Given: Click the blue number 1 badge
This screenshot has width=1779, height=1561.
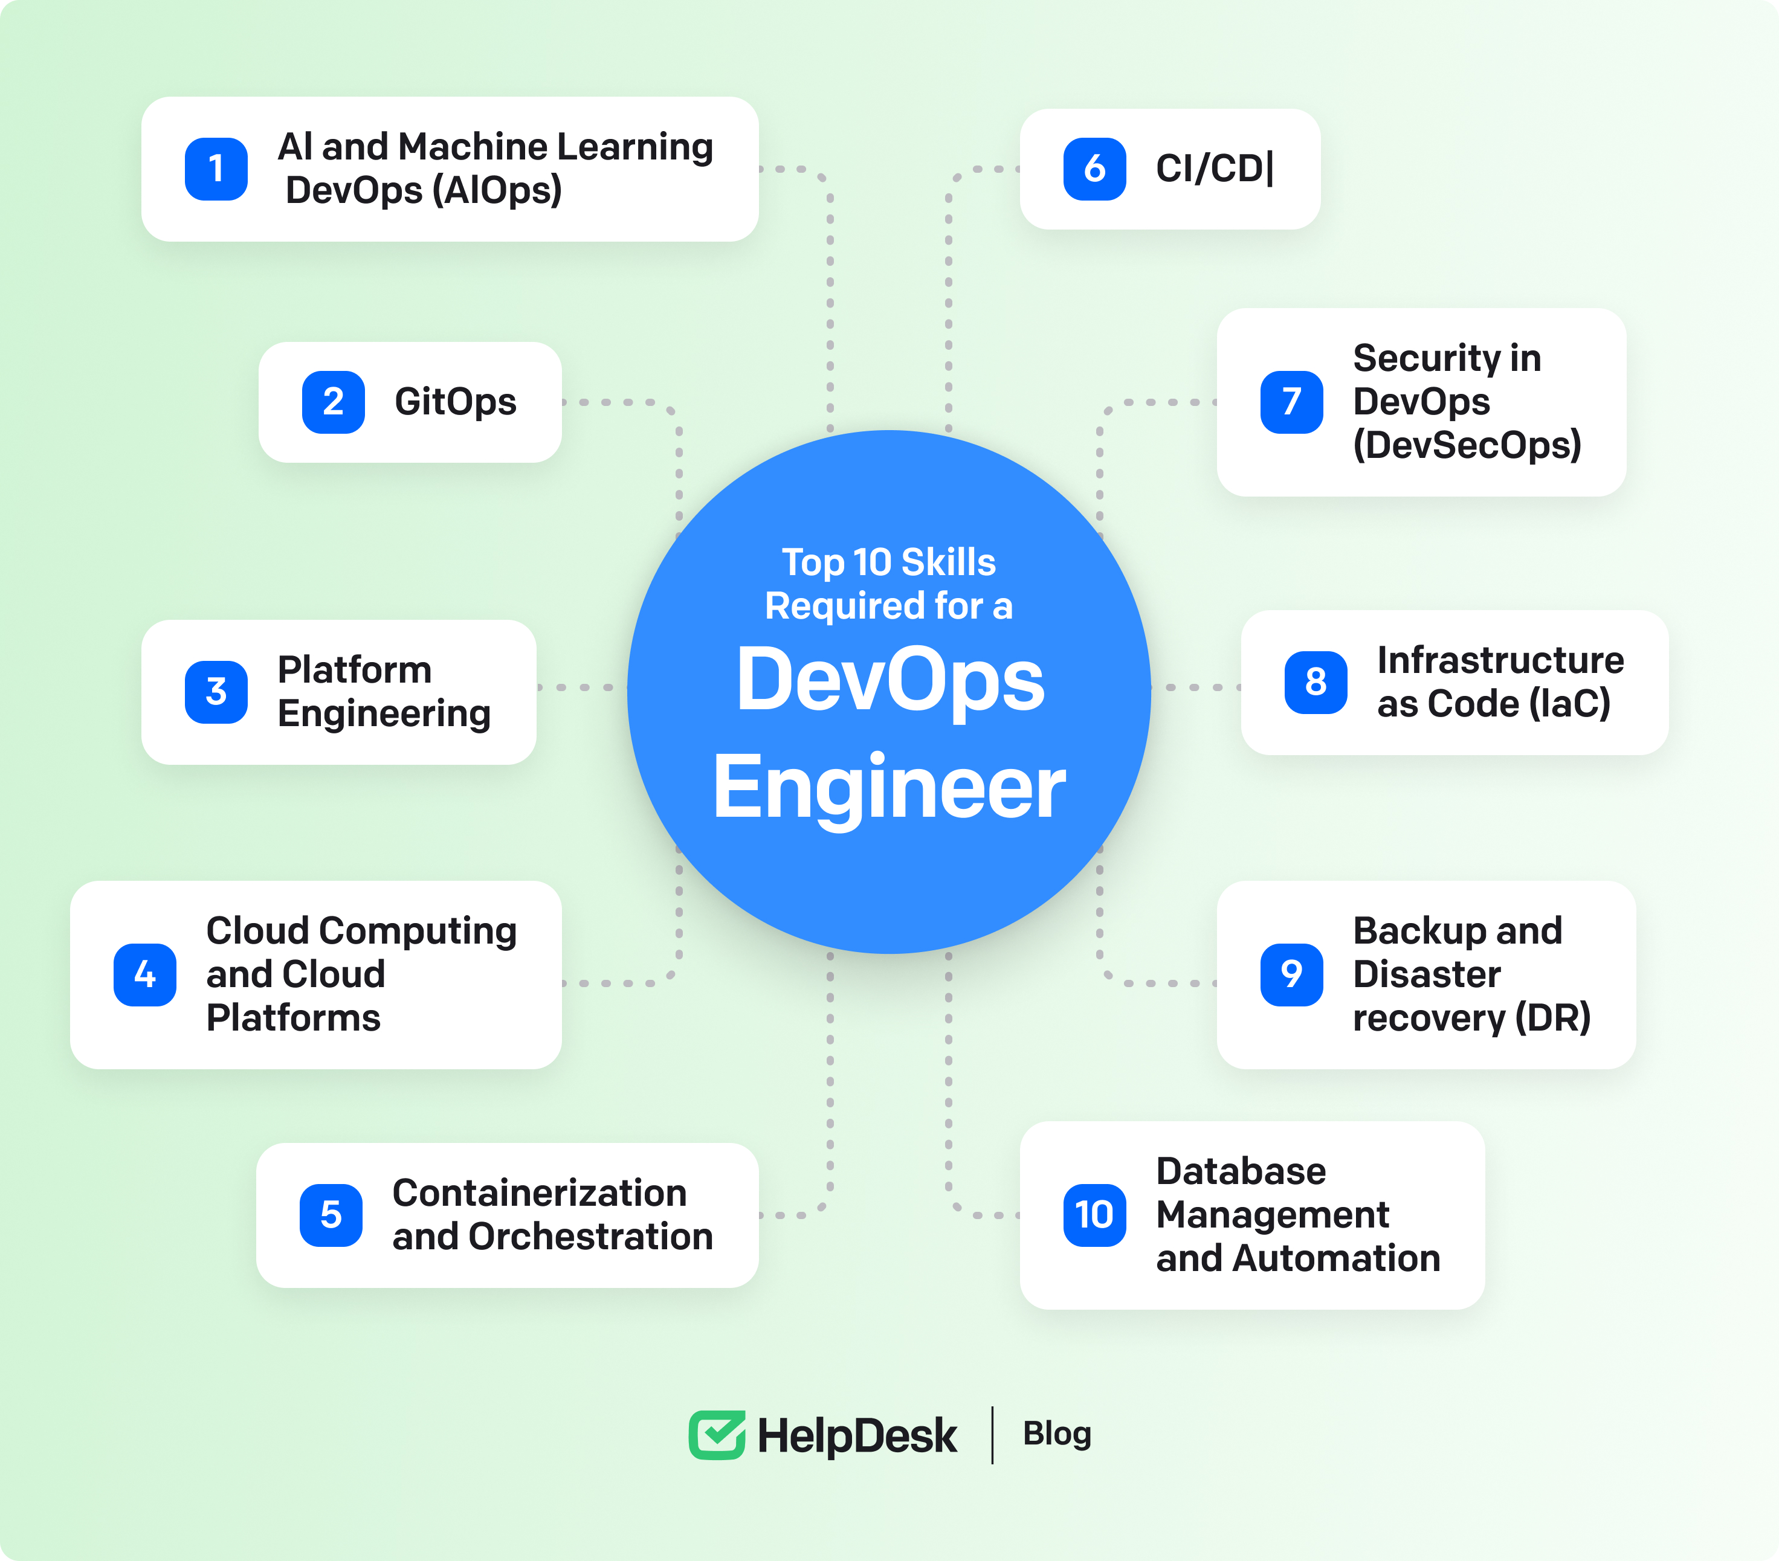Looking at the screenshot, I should coord(216,169).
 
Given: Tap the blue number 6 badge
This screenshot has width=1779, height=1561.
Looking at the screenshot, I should coord(1094,169).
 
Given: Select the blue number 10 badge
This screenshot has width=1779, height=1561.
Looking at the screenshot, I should coord(1094,1215).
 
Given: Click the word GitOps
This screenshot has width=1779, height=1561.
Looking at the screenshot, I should coord(455,402).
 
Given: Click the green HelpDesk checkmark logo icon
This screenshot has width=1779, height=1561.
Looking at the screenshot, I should coord(716,1435).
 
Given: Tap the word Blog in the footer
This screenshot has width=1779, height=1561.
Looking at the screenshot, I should coord(1057,1434).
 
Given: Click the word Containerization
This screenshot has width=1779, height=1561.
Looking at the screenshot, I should coord(540,1193).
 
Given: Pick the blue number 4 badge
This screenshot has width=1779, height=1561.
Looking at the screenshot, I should coord(144,974).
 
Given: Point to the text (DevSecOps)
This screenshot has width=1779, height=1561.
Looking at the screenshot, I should coord(1467,445).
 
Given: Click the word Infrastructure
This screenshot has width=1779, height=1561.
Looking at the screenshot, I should coord(1500,660).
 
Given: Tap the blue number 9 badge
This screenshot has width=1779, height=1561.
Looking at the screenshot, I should coord(1291,974).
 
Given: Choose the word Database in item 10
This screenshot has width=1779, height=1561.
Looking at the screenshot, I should coord(1240,1171).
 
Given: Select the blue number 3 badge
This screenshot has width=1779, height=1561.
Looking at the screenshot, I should coord(216,692).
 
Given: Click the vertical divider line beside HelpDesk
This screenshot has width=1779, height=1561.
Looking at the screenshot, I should coord(992,1435).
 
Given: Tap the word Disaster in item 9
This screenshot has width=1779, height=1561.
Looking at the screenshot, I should coord(1427,974).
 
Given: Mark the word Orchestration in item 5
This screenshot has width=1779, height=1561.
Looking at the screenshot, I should coord(590,1237).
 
